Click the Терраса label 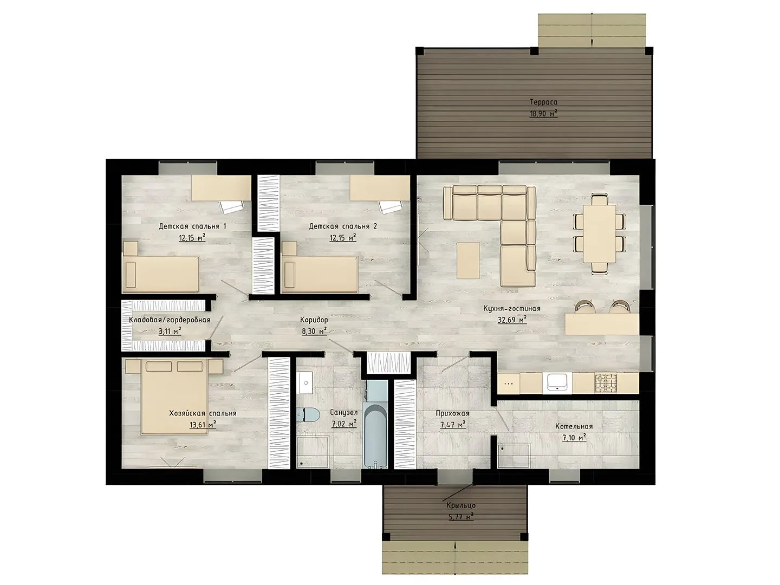(543, 102)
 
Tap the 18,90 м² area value (543, 114)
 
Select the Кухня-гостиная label (512, 309)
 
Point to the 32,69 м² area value (512, 320)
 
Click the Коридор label (314, 320)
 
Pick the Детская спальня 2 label (343, 226)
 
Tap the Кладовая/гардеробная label (170, 320)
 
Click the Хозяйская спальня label (203, 413)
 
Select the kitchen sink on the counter (557, 383)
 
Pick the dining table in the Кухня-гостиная (600, 233)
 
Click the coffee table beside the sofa (468, 261)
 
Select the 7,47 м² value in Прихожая (453, 425)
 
